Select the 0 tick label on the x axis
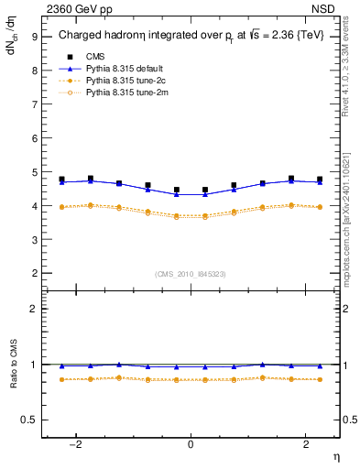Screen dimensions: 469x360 (191, 443)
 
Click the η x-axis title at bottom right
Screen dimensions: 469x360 (334, 455)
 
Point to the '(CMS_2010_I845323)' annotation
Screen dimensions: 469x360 (191, 274)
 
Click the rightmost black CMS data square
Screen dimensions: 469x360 (320, 180)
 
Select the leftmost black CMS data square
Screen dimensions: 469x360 (61, 180)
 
